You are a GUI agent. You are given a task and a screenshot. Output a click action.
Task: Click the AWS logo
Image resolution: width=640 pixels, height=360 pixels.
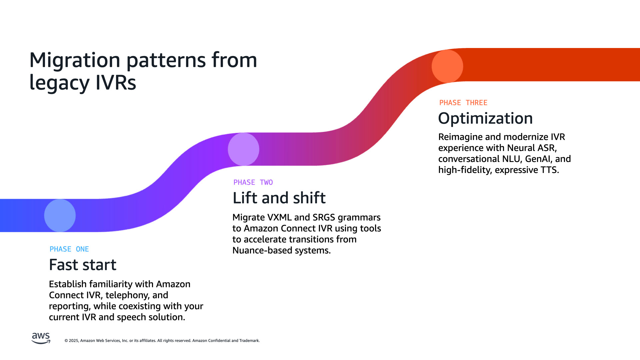tap(41, 338)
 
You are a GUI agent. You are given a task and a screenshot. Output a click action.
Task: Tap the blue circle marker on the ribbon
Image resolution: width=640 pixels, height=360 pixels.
tap(60, 215)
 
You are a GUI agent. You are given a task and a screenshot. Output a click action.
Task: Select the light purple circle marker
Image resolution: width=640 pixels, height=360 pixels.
tap(243, 149)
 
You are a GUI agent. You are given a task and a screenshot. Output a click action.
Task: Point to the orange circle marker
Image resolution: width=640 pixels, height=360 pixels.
tap(447, 66)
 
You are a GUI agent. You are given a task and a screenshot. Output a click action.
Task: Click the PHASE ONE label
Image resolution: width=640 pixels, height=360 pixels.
tap(69, 249)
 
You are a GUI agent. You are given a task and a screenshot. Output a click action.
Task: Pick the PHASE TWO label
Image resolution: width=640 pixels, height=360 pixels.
tap(253, 182)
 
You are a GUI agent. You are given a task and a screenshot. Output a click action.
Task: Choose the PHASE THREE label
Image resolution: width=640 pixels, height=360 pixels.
tap(463, 103)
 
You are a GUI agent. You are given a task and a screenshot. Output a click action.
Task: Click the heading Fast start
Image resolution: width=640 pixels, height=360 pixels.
tap(83, 265)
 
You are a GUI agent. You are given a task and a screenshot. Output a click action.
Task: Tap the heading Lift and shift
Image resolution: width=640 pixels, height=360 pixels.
tap(279, 198)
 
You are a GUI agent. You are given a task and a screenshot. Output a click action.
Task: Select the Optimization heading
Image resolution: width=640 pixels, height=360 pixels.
tap(485, 118)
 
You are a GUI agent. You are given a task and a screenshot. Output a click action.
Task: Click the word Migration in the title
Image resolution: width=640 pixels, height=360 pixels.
tap(75, 60)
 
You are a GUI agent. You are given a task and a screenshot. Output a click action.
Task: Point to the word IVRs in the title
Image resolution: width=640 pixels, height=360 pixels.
tap(116, 83)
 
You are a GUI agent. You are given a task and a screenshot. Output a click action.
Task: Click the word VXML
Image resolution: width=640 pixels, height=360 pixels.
tap(280, 217)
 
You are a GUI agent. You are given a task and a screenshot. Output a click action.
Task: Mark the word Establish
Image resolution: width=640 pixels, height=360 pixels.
tap(68, 284)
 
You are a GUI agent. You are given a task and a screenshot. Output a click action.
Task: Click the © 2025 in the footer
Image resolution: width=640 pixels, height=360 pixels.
tap(71, 341)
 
